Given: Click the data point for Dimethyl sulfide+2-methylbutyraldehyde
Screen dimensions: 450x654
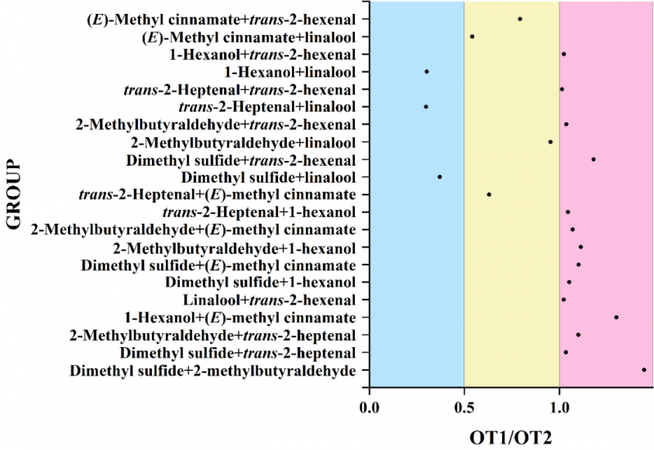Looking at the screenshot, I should [643, 370].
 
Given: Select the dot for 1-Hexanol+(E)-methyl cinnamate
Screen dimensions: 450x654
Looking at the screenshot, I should [616, 317].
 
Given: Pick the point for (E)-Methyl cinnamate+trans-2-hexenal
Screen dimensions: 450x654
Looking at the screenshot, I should [520, 19].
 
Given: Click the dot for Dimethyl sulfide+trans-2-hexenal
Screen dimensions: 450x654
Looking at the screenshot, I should [594, 159].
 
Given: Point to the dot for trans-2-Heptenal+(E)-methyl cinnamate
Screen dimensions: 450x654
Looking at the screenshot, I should [489, 194].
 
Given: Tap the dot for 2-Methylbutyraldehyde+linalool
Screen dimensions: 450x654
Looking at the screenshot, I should [550, 142].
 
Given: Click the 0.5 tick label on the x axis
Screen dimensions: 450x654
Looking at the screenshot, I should [464, 404].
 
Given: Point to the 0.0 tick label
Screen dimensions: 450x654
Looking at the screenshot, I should [370, 404].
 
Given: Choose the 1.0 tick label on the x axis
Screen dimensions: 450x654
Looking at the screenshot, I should [559, 404].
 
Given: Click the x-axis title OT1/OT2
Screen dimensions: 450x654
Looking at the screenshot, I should [511, 436].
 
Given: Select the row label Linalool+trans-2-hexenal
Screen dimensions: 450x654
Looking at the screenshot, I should [270, 300].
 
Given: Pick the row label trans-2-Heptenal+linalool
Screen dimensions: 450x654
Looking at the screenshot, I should [267, 107].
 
